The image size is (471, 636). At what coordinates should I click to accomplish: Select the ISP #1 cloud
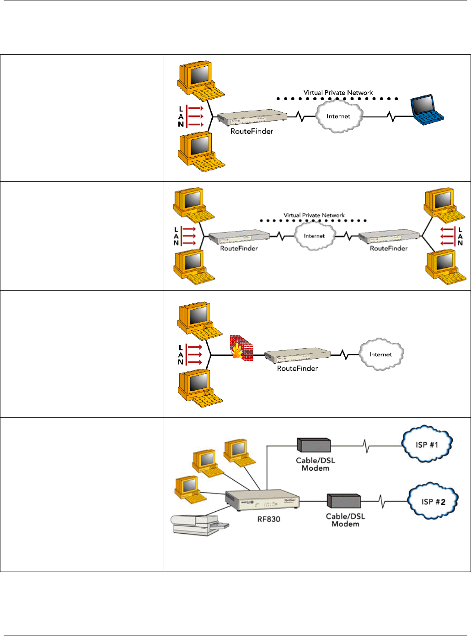[x=427, y=444]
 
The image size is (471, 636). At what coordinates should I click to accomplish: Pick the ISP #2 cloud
[x=433, y=501]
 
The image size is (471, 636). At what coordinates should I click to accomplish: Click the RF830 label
[x=268, y=519]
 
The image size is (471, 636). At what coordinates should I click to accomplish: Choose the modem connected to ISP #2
[x=344, y=501]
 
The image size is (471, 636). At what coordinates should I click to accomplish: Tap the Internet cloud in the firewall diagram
[x=380, y=354]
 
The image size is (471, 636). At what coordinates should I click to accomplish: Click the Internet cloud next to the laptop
[x=338, y=116]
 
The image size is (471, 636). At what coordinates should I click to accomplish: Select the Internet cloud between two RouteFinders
[x=314, y=236]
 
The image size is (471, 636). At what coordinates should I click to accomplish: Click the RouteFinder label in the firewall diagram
[x=297, y=368]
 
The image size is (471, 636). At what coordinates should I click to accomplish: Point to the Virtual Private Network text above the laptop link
[x=338, y=92]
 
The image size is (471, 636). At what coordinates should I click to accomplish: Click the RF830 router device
[x=262, y=501]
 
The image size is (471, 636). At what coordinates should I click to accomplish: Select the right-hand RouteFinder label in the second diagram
[x=388, y=248]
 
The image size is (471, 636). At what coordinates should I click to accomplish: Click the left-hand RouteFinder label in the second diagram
[x=239, y=248]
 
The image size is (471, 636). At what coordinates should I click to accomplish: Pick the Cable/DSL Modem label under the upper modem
[x=316, y=464]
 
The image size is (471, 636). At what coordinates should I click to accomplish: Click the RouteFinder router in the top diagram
[x=252, y=117]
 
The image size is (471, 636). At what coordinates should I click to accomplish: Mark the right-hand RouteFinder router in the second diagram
[x=389, y=237]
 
